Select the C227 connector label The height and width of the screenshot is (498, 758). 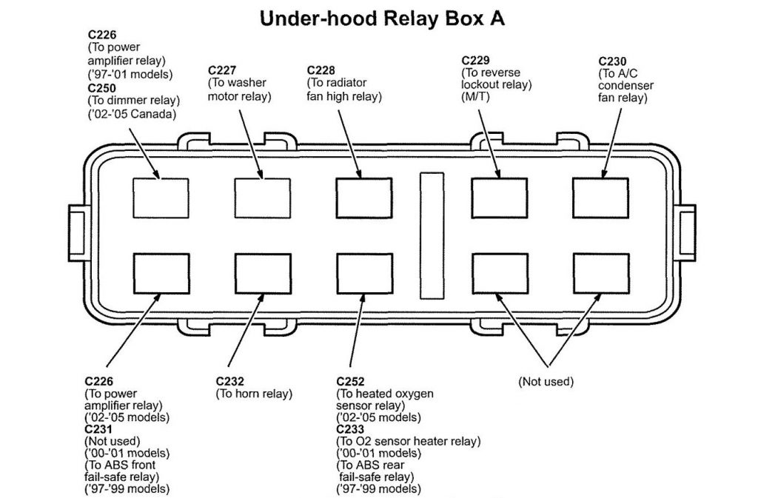[223, 70]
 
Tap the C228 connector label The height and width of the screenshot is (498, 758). [322, 70]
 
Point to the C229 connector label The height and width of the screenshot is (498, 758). [476, 60]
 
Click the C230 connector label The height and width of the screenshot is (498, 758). [613, 60]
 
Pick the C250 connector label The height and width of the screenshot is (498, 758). [102, 87]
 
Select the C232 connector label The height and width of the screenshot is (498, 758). [231, 382]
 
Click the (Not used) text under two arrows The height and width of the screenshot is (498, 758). [546, 382]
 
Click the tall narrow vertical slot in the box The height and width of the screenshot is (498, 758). [430, 236]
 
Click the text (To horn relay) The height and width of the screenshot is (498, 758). [254, 394]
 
